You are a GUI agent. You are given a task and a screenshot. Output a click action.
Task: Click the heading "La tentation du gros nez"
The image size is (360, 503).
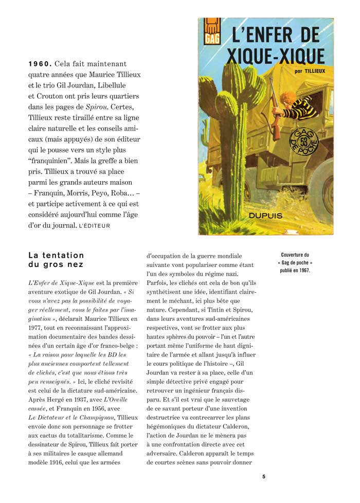pos(56,260)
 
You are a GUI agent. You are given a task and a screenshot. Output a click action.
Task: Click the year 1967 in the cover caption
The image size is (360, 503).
pos(303,270)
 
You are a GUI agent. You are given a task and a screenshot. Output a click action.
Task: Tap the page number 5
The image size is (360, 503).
pos(264,476)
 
